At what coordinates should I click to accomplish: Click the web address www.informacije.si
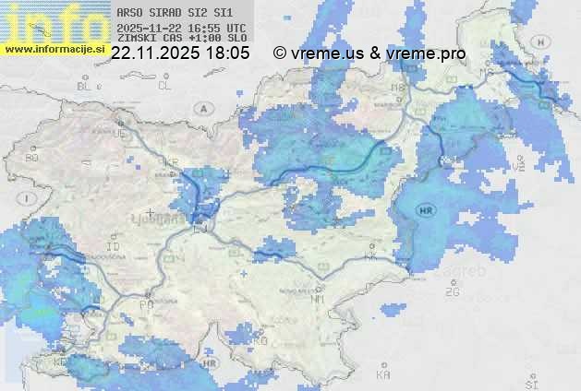tap(55, 49)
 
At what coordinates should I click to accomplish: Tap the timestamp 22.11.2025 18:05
tap(180, 53)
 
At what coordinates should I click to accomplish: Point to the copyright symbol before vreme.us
tap(280, 53)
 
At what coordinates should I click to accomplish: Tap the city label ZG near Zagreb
tap(452, 292)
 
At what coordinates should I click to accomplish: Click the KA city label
tap(383, 374)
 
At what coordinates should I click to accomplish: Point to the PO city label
tap(145, 303)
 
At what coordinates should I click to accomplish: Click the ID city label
tap(114, 247)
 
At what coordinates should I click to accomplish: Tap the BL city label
tap(86, 86)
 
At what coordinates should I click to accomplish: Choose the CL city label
tap(165, 86)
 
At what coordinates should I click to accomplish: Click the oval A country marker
tap(201, 108)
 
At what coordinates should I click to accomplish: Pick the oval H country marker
tap(540, 41)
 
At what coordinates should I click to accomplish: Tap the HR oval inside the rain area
tap(427, 210)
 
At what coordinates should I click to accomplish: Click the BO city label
tap(31, 158)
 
